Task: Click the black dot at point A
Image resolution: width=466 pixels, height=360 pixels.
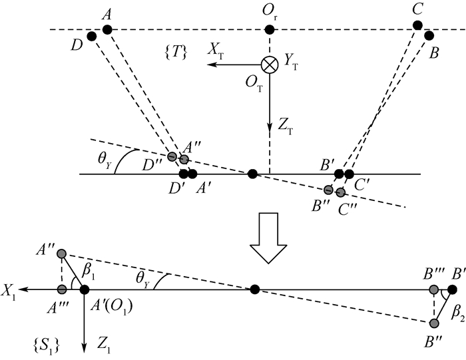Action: pyautogui.click(x=107, y=30)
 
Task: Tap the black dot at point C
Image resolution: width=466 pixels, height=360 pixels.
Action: pyautogui.click(x=417, y=25)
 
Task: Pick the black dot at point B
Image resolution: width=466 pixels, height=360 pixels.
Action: pyautogui.click(x=429, y=33)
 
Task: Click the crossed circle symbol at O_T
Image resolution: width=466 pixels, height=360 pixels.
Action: pyautogui.click(x=270, y=65)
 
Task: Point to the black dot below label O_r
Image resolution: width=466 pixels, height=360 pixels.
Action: pyautogui.click(x=270, y=30)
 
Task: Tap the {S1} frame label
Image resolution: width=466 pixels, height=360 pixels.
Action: pyautogui.click(x=51, y=345)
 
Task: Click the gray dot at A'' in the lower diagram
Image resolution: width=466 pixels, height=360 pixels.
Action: pyautogui.click(x=62, y=254)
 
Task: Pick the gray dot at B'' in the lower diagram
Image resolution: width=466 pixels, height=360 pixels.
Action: pyautogui.click(x=434, y=324)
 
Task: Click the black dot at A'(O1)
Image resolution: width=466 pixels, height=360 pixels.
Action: pyautogui.click(x=85, y=289)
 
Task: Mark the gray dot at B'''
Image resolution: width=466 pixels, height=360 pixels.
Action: pyautogui.click(x=434, y=290)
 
